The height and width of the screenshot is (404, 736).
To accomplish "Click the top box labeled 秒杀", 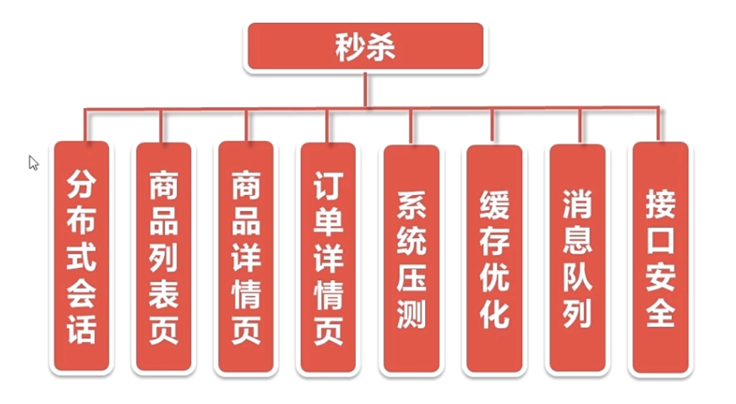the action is pyautogui.click(x=365, y=46).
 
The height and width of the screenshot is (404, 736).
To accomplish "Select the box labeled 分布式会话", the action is pyautogui.click(x=82, y=257).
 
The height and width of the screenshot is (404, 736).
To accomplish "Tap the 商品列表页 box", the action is pyautogui.click(x=164, y=257).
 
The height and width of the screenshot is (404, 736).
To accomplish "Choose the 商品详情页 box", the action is pyautogui.click(x=246, y=257).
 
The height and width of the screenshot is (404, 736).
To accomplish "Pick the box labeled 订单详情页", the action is pyautogui.click(x=328, y=258).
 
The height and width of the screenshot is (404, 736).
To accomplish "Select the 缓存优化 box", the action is pyautogui.click(x=494, y=259).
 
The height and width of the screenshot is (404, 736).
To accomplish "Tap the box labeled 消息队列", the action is pyautogui.click(x=578, y=258).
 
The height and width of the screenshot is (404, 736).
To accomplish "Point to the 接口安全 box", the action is pyautogui.click(x=660, y=258).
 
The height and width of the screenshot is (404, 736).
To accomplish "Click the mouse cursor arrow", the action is pyautogui.click(x=33, y=162).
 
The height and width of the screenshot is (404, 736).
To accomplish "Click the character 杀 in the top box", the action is pyautogui.click(x=381, y=47).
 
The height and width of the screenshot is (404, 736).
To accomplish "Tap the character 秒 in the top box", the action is pyautogui.click(x=350, y=47).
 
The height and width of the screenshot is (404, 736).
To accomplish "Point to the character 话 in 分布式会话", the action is pyautogui.click(x=82, y=329).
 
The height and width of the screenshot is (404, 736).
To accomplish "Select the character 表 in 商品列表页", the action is pyautogui.click(x=164, y=294).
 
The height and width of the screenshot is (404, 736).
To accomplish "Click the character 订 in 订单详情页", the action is pyautogui.click(x=328, y=185).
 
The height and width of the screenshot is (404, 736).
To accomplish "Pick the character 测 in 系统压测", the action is pyautogui.click(x=412, y=314).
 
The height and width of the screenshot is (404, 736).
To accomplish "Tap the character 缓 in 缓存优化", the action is pyautogui.click(x=494, y=204).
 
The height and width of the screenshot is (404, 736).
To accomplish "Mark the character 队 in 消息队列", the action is pyautogui.click(x=578, y=277).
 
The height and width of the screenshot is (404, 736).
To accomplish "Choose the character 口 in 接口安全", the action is pyautogui.click(x=660, y=240).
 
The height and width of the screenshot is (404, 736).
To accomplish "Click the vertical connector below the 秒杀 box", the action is pyautogui.click(x=365, y=90).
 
